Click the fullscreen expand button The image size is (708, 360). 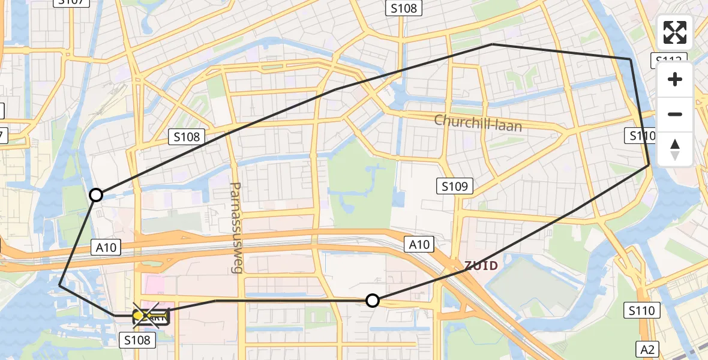coord(675,32)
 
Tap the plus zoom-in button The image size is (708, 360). coord(675,80)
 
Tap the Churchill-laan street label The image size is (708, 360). coord(478,123)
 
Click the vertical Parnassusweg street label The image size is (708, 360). coord(235,227)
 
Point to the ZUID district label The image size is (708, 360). coord(481,265)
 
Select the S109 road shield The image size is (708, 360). coord(454,186)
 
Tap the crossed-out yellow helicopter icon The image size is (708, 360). coord(149,316)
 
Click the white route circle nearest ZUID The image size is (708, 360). coord(373,301)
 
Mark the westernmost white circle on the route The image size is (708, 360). coord(96,195)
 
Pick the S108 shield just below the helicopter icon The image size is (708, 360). coord(137,340)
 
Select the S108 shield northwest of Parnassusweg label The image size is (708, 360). coord(187,137)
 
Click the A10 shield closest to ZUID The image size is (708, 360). coord(419,244)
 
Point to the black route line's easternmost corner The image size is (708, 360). coord(649,164)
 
